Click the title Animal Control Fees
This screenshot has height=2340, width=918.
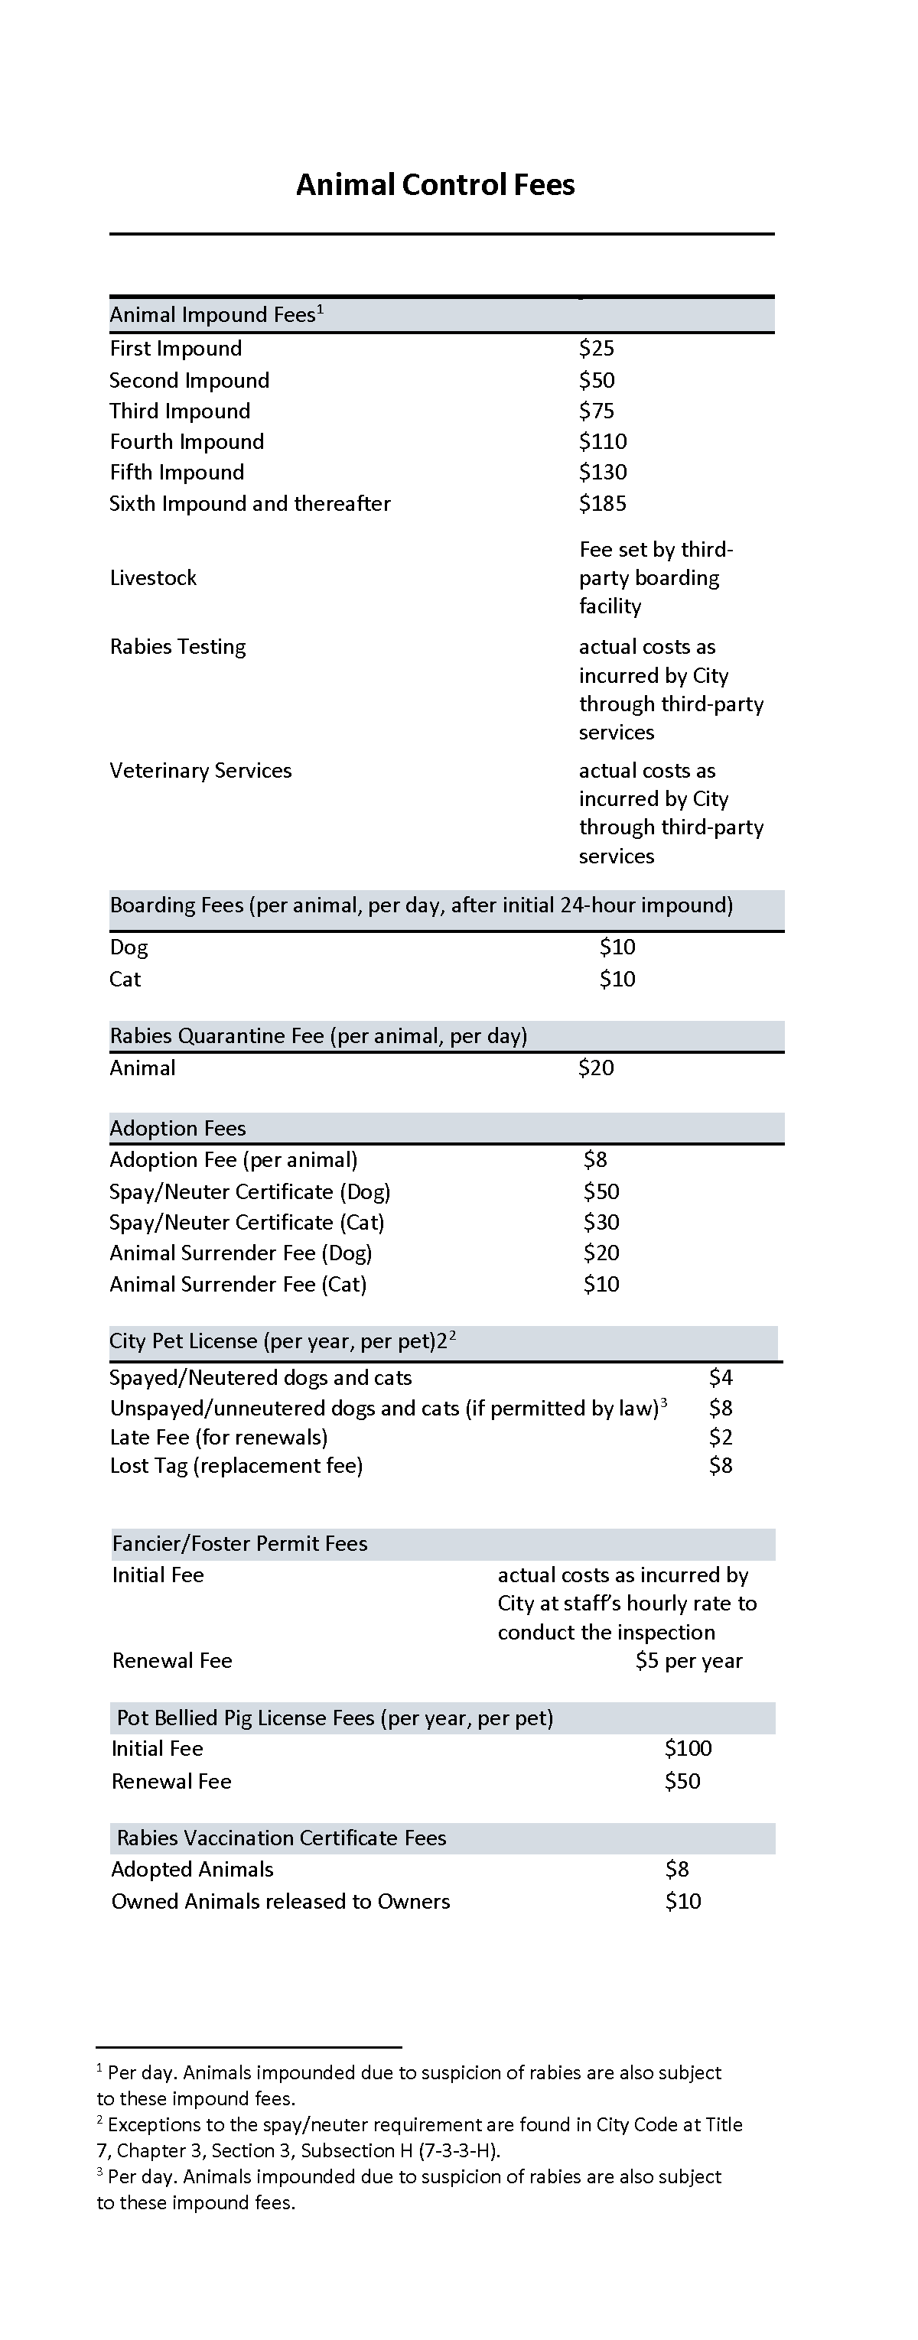click(435, 185)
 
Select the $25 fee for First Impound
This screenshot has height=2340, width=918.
click(596, 349)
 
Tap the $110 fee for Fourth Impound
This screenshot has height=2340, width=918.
click(603, 443)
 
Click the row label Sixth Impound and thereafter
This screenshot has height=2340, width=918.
click(250, 504)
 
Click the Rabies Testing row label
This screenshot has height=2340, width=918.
click(178, 648)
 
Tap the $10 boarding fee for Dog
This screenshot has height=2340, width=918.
click(617, 947)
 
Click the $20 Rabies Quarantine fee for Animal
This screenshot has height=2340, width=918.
click(596, 1068)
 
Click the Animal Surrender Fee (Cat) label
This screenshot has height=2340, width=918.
click(238, 1285)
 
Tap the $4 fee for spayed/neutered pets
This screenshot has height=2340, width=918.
click(720, 1378)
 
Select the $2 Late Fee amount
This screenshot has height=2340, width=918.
click(720, 1438)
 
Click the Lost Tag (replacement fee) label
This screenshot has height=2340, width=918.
click(236, 1466)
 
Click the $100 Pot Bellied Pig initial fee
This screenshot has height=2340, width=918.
click(688, 1749)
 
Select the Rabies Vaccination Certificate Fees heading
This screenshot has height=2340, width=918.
click(282, 1838)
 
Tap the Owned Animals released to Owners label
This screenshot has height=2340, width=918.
click(281, 1902)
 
